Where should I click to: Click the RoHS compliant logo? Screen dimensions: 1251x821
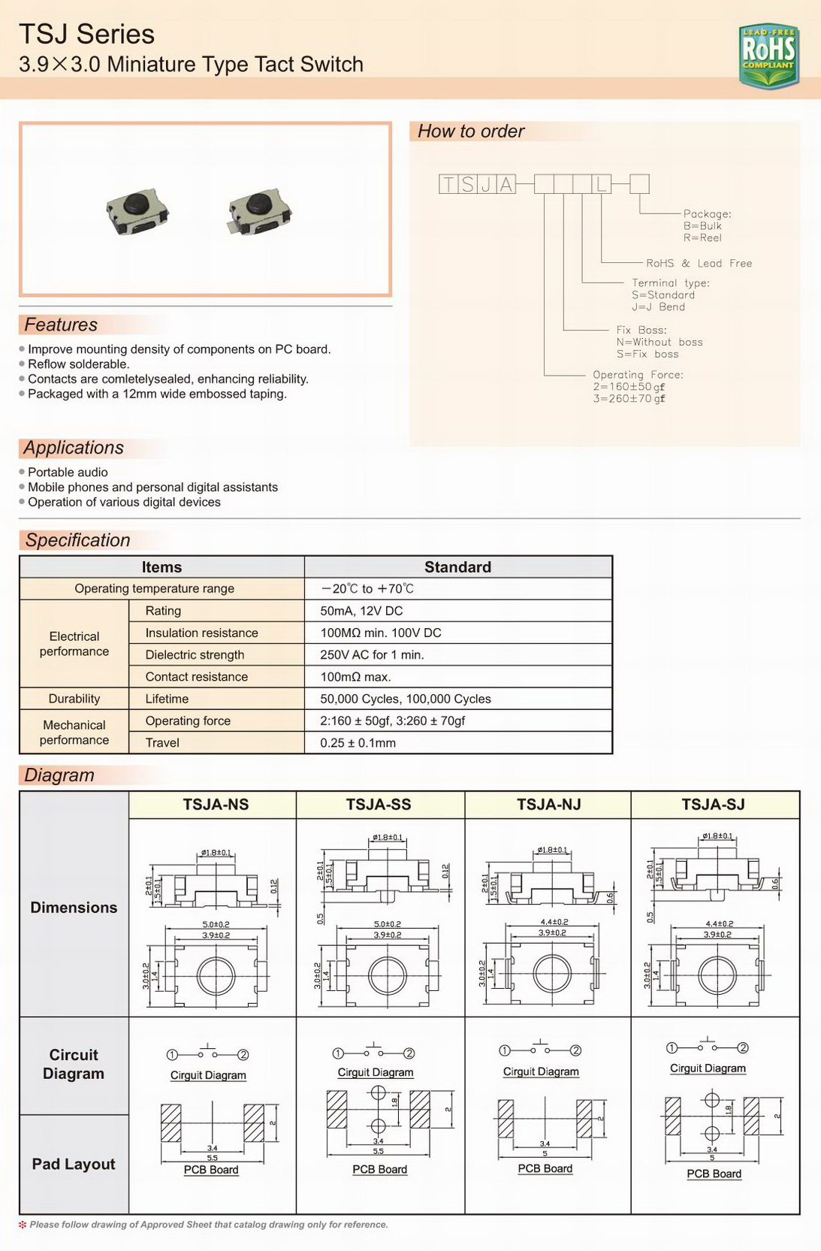coord(768,55)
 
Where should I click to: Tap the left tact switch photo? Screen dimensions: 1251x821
coord(137,211)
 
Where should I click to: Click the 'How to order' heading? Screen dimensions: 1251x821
coord(471,131)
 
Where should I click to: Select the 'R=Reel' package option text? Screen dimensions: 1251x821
coord(702,238)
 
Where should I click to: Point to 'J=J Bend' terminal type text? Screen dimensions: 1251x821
coord(658,307)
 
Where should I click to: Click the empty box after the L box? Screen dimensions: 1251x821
coord(639,184)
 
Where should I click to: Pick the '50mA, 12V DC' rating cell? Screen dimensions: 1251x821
coord(361,611)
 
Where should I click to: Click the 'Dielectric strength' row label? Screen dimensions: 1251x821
coord(195,655)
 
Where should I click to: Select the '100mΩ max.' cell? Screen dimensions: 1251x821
coord(355,677)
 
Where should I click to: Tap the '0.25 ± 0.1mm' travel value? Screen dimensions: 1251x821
coord(358,743)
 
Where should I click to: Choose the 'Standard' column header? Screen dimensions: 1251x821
coord(457,567)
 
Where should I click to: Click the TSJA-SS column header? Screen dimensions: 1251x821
coord(379,805)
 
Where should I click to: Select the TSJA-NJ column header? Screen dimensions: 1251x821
coord(548,805)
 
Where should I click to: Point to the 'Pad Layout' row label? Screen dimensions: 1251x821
coord(74,1164)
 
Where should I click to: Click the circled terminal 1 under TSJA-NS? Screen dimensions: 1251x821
coord(173,1055)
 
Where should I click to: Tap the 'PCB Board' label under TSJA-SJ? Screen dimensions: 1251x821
coord(714,1174)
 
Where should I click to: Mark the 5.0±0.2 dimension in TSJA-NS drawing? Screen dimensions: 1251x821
coord(216,924)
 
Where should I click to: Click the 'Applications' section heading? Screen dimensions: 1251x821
coord(74,448)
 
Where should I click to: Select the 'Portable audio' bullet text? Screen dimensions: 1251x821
coord(68,473)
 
